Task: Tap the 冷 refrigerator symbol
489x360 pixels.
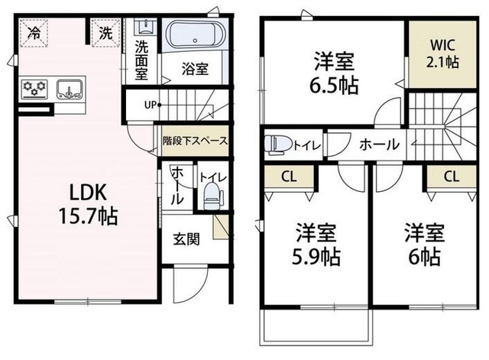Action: point(34,33)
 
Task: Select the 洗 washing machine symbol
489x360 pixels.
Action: point(105,33)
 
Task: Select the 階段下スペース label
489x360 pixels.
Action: point(194,141)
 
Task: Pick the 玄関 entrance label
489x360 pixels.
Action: point(186,240)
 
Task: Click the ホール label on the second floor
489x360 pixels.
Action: point(376,143)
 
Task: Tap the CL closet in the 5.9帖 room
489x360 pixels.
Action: point(289,177)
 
